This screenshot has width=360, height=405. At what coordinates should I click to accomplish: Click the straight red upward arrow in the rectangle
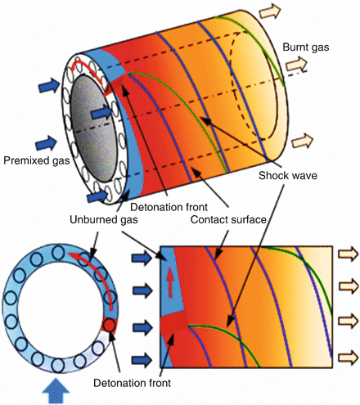point(170,279)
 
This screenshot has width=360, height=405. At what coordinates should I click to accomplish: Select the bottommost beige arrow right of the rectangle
point(347,357)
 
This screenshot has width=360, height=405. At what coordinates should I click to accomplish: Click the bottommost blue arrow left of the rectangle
point(142,358)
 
